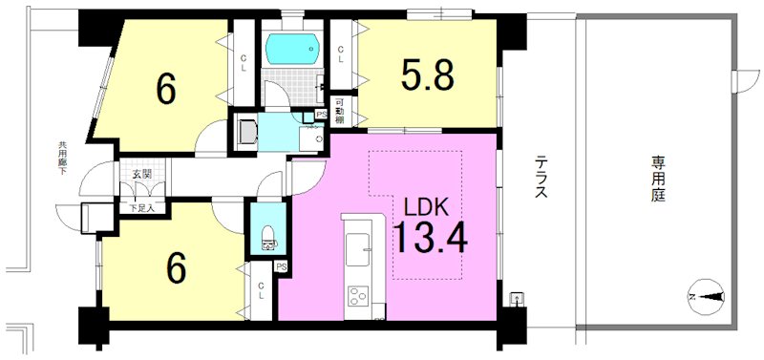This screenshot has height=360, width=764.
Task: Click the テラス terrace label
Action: point(541,178)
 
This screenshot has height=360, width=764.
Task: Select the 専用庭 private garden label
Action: point(658,178)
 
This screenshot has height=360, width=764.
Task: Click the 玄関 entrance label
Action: point(141,174)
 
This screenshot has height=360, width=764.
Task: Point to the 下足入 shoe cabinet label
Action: point(141,206)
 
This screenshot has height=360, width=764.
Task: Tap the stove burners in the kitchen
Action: point(361,297)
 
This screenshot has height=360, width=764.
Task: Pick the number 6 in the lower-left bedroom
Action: point(176,270)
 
